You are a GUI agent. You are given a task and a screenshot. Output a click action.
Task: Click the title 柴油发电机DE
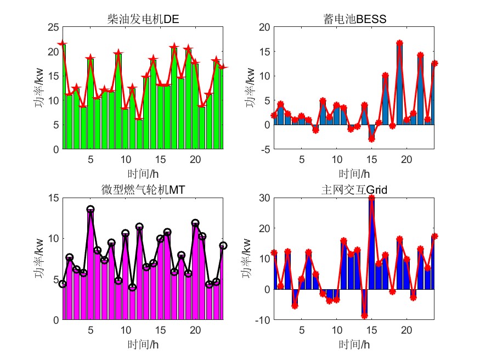(x=143, y=20)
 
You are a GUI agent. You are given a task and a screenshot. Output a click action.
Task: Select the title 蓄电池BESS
(x=355, y=20)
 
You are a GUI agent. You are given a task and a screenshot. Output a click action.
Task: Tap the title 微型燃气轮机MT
(x=143, y=190)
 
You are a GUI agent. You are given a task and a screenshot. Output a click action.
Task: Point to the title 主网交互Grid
(x=355, y=190)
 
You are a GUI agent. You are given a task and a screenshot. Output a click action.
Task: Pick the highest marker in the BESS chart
(x=399, y=43)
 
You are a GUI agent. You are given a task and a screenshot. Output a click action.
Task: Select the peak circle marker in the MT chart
(x=91, y=210)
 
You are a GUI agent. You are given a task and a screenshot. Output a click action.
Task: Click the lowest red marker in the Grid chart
(x=364, y=316)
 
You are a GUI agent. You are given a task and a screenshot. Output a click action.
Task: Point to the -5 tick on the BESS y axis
(x=264, y=149)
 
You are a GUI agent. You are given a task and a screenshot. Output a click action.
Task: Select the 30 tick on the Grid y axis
(x=264, y=197)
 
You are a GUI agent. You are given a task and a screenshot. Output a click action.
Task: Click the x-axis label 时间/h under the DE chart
(x=143, y=174)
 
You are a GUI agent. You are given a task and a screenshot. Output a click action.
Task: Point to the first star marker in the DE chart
(x=63, y=43)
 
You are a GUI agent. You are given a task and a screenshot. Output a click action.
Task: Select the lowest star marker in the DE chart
(x=139, y=119)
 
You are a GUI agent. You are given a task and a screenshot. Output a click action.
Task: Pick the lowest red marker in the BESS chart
(x=371, y=139)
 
